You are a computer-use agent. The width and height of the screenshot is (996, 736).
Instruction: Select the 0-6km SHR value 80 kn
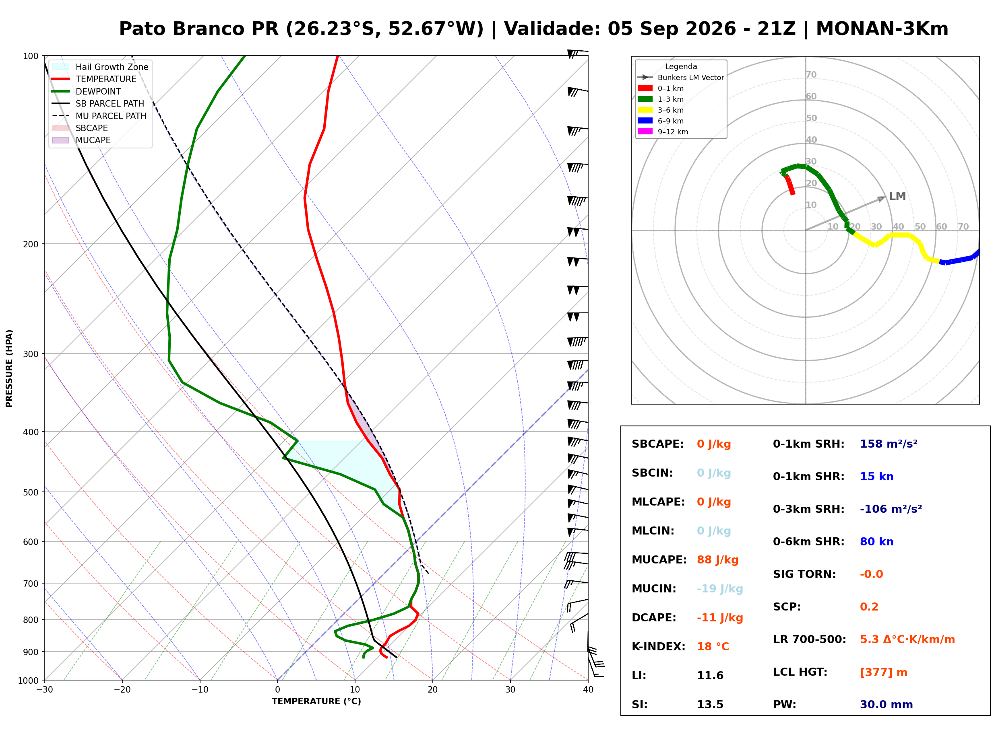click(876, 542)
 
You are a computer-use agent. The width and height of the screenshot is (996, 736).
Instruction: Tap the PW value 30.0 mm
click(886, 705)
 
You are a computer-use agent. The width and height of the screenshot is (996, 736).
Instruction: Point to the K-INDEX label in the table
click(659, 647)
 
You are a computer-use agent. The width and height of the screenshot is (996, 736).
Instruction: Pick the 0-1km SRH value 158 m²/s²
click(889, 444)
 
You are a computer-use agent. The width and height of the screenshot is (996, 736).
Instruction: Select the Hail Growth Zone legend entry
click(100, 67)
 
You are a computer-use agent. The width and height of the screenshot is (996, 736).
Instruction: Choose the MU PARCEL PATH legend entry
click(99, 116)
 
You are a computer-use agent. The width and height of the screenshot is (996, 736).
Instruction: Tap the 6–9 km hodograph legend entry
click(663, 121)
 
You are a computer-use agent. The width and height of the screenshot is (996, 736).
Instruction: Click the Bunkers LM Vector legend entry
click(681, 78)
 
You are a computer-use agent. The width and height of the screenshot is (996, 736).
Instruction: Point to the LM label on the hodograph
click(897, 197)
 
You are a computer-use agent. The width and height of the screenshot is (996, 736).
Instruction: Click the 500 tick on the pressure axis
click(31, 492)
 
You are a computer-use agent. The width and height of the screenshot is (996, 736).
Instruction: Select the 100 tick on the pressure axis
click(31, 56)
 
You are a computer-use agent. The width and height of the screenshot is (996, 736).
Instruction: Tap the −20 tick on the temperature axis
click(122, 690)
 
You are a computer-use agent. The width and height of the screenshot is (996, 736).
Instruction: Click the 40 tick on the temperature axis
click(588, 690)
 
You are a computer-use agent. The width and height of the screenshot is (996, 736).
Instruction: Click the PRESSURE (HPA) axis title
click(9, 368)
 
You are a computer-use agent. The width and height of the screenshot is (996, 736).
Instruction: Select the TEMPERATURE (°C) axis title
click(316, 701)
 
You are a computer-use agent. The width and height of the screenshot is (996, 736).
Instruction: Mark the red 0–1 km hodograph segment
click(789, 185)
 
